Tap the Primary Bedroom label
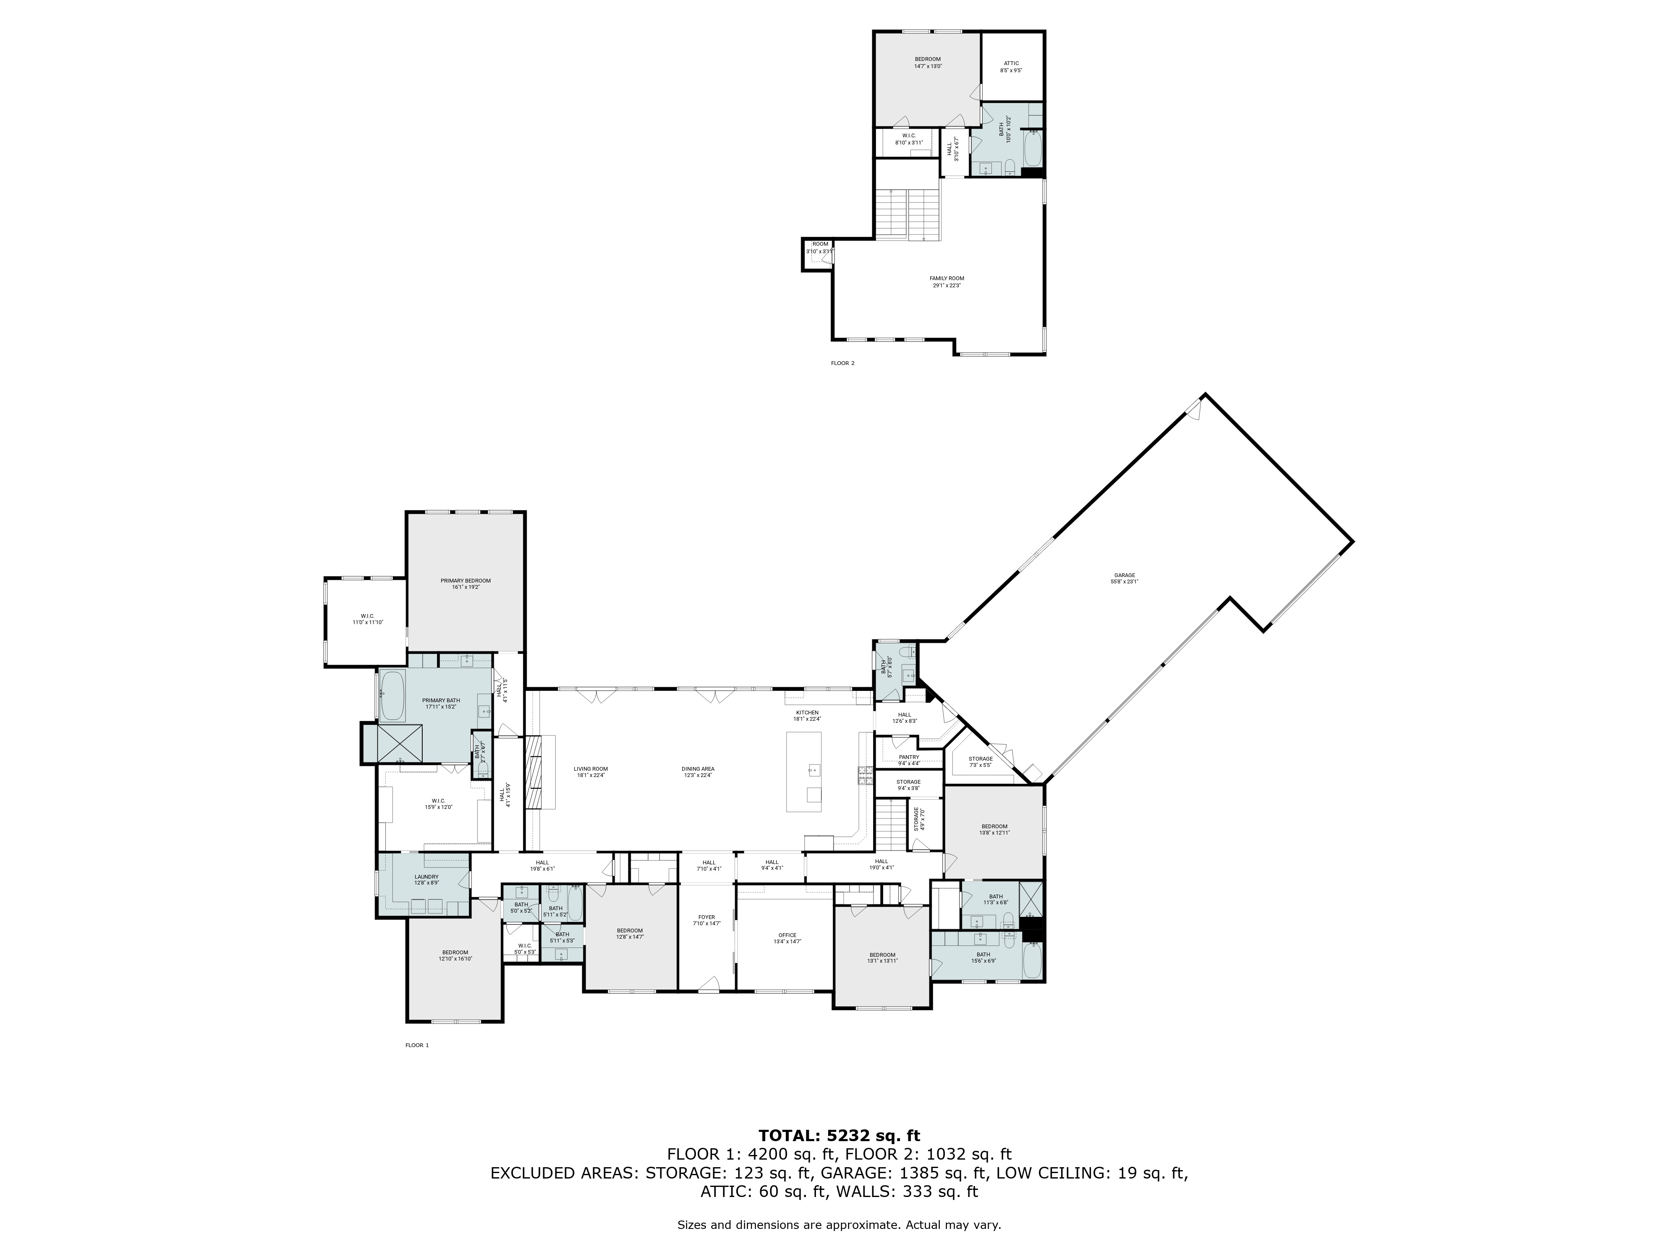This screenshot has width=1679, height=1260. click(465, 583)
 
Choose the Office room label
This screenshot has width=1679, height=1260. click(787, 938)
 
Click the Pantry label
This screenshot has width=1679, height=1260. click(909, 759)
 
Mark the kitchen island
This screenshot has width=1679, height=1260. click(804, 771)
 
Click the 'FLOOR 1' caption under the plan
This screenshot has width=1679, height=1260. click(417, 1045)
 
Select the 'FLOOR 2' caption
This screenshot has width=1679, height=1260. click(842, 363)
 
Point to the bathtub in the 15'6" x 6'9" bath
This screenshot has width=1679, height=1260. click(1032, 961)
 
